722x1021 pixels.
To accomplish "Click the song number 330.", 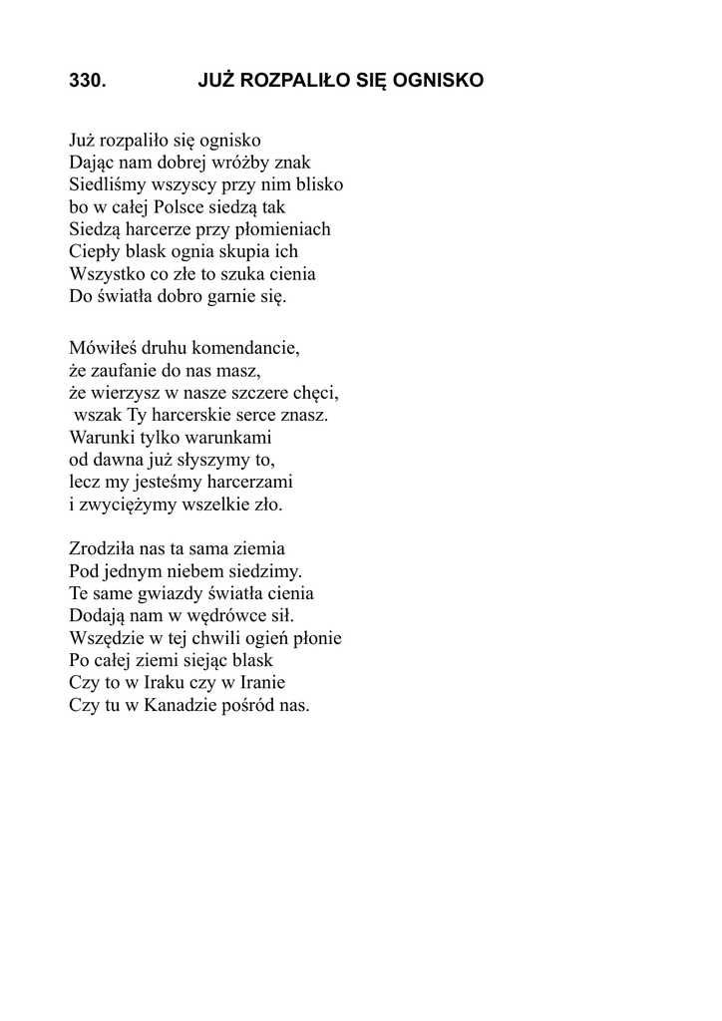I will (x=87, y=82).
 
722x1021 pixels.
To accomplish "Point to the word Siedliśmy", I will (x=107, y=184).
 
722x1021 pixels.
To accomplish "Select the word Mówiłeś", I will (x=101, y=350).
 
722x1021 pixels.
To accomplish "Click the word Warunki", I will (x=102, y=438).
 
